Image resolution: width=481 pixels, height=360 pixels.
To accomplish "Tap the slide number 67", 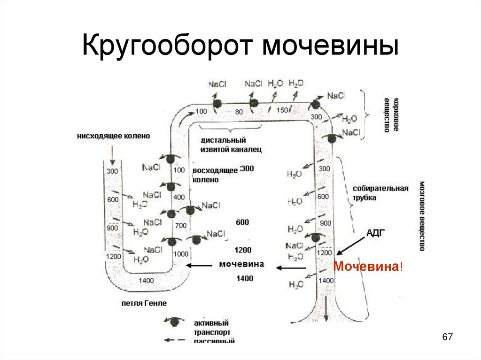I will pos(447,337).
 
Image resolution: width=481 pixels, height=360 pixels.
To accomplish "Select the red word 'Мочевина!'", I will pos(368,267).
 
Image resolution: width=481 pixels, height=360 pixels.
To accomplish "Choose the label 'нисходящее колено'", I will pos(115,136).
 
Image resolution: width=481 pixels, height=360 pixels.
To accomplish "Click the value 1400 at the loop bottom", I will pos(146,281).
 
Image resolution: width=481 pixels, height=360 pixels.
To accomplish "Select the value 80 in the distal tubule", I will pos(239,112).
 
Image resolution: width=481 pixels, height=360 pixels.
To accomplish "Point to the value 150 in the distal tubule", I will pos(282,110).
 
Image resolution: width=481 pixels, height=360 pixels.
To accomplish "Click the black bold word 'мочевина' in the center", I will pos(241,264).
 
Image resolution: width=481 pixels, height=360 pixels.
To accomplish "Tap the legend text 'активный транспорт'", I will pos(211,328).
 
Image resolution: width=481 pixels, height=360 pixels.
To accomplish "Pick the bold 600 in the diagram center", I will pos(242,222).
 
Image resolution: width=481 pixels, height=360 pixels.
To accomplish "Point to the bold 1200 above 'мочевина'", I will pos(243,250).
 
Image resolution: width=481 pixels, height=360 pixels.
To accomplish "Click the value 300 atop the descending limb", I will pos(112,171).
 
